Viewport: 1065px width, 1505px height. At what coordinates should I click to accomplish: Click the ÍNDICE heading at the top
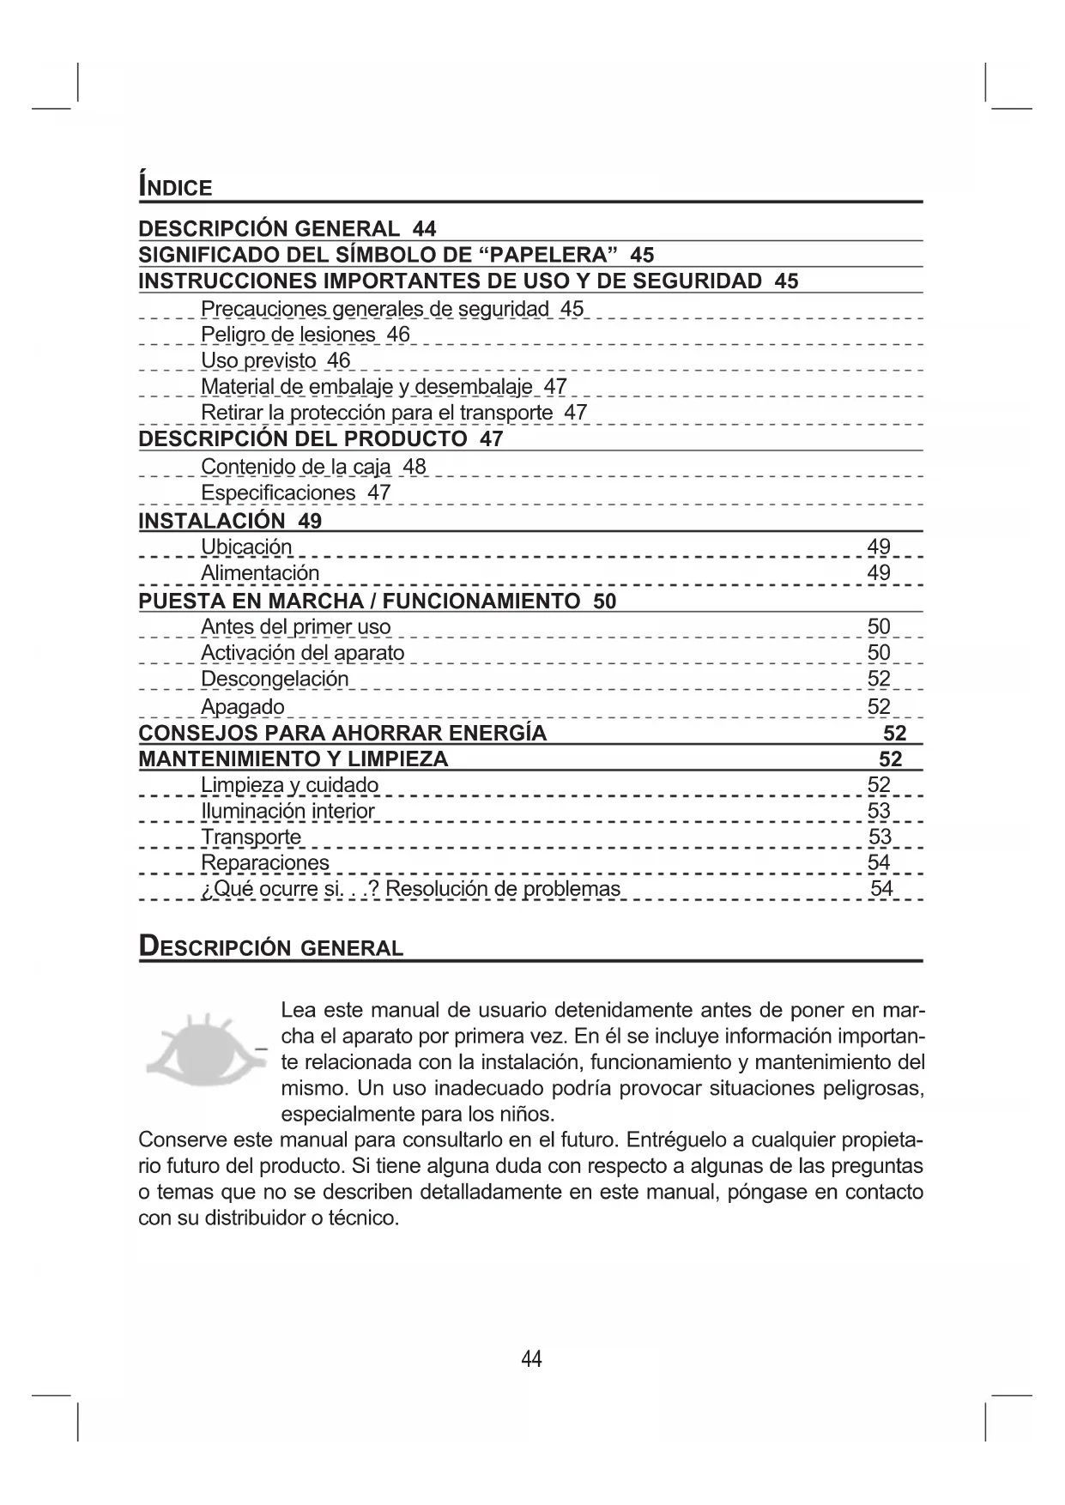[x=175, y=186]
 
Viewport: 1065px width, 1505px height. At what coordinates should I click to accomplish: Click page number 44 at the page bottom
[x=531, y=1358]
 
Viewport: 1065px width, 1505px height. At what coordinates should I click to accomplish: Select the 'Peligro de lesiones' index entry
[x=287, y=335]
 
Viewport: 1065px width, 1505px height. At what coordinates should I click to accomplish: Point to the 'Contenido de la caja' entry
[x=295, y=467]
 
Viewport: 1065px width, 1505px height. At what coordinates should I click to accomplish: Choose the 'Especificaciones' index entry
[x=277, y=493]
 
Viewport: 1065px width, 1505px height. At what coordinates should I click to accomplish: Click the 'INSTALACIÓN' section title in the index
[x=211, y=520]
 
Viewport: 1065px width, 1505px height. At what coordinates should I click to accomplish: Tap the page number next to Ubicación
[x=879, y=547]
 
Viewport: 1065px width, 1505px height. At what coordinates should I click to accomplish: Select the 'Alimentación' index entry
[x=259, y=572]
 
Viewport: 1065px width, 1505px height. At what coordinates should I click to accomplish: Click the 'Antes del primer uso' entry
[x=295, y=626]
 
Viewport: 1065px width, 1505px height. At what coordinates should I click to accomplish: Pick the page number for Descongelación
[x=879, y=679]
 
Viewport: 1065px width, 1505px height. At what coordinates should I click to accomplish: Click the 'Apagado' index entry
[x=242, y=706]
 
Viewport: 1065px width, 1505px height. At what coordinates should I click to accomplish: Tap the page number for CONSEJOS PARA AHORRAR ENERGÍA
[x=894, y=733]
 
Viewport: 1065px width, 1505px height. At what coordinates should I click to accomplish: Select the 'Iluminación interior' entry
[x=287, y=811]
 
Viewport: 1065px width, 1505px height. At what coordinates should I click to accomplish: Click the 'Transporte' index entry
[x=251, y=837]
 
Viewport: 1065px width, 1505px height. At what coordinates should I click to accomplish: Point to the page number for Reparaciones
[x=879, y=862]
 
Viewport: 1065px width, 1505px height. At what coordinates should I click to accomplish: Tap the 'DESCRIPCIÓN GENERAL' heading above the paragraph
[x=271, y=947]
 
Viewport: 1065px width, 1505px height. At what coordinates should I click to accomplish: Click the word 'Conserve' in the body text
[x=180, y=1140]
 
